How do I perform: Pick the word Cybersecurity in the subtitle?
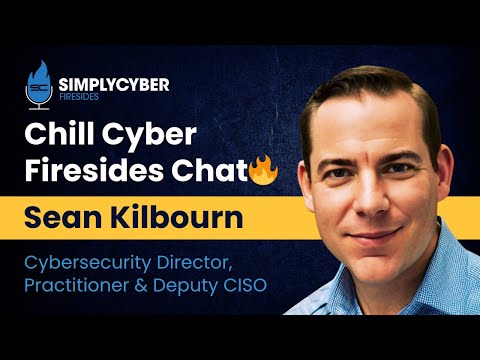point(109,263)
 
